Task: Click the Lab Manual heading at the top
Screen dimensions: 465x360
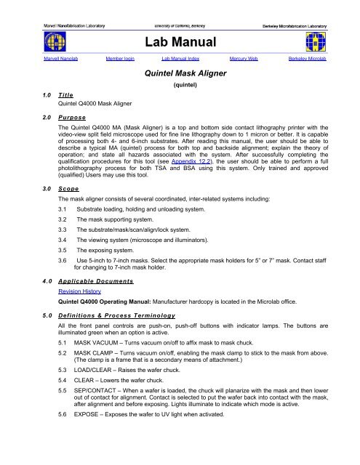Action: pos(180,43)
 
